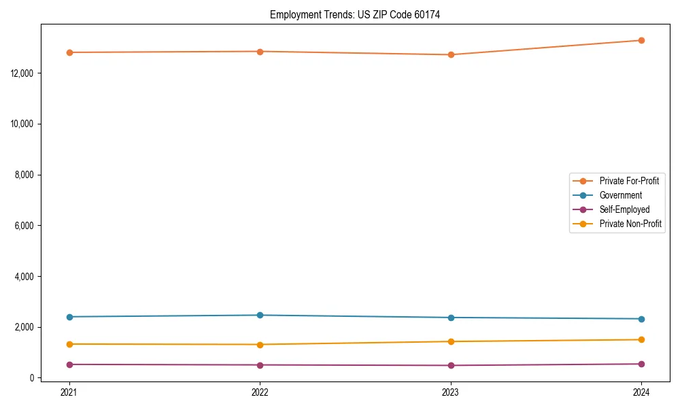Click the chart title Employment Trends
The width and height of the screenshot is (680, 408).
pos(355,15)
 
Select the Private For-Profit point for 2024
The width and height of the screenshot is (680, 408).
pos(641,40)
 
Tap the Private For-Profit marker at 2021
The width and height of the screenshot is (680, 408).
pos(69,52)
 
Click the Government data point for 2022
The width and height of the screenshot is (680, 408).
pos(260,315)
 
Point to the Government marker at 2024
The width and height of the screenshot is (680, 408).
pos(641,319)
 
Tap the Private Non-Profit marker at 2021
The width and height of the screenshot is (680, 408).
pos(69,344)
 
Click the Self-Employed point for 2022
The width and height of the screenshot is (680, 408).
pos(260,365)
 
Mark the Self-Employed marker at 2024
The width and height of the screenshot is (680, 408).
pos(641,364)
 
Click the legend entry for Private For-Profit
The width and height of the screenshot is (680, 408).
pos(629,181)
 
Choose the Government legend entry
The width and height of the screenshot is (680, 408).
pos(620,195)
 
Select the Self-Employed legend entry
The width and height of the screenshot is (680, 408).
pos(624,209)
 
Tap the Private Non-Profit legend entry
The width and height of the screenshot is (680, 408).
pos(630,224)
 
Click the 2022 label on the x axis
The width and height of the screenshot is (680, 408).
pos(260,392)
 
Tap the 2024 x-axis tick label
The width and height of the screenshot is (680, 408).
pos(641,392)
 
